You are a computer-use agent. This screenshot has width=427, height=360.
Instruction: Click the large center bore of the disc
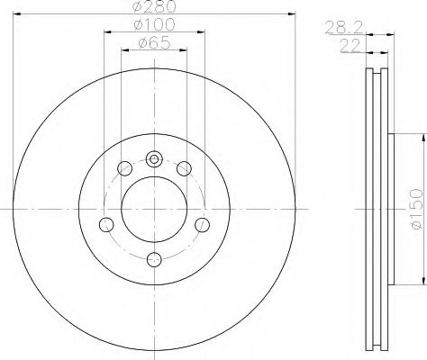click(x=153, y=209)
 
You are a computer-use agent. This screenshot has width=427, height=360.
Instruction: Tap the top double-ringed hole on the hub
click(x=153, y=159)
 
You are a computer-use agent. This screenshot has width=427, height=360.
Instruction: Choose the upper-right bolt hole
click(x=184, y=167)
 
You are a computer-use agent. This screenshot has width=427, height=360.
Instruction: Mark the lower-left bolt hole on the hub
click(x=105, y=224)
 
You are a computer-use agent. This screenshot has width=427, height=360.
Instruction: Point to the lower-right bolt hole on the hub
click(x=201, y=224)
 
